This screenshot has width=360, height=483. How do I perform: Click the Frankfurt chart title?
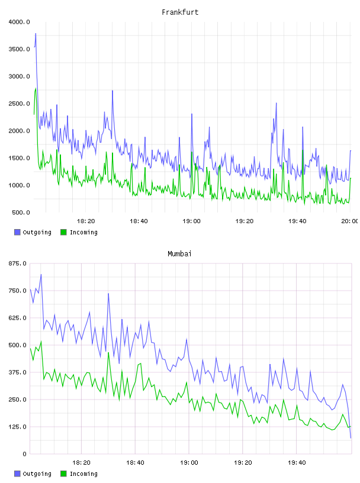pyautogui.click(x=180, y=12)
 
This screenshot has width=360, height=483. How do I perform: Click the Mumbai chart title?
pyautogui.click(x=179, y=253)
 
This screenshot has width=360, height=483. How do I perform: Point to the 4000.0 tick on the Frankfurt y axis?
pyautogui.click(x=19, y=22)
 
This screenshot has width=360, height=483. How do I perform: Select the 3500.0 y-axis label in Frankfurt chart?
pyautogui.click(x=19, y=49)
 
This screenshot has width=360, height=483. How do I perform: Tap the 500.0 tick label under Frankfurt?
pyautogui.click(x=21, y=212)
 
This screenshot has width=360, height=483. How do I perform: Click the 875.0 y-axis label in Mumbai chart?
pyautogui.click(x=18, y=263)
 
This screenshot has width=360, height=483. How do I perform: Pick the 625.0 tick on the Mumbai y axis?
pyautogui.click(x=18, y=318)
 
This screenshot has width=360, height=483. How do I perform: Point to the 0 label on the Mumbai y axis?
pyautogui.click(x=25, y=454)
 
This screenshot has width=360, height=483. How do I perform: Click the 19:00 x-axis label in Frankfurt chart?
pyautogui.click(x=191, y=221)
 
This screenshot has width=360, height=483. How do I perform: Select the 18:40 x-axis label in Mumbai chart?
pyautogui.click(x=135, y=462)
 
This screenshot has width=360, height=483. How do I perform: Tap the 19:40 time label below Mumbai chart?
pyautogui.click(x=297, y=462)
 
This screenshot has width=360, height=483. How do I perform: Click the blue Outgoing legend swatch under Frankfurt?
pyautogui.click(x=17, y=232)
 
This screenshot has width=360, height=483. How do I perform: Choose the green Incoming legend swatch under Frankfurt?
pyautogui.click(x=63, y=232)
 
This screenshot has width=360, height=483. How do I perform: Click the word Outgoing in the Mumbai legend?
pyautogui.click(x=37, y=474)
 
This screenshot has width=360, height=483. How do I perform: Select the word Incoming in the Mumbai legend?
pyautogui.click(x=83, y=474)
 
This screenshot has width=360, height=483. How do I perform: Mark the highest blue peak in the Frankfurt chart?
pyautogui.click(x=36, y=33)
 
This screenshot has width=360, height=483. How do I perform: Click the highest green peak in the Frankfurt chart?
pyautogui.click(x=36, y=88)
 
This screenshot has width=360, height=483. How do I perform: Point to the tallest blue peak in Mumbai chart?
pyautogui.click(x=41, y=274)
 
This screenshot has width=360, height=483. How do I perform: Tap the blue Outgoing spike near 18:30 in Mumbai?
pyautogui.click(x=108, y=293)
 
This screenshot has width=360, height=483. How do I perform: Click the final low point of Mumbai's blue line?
pyautogui.click(x=351, y=438)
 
